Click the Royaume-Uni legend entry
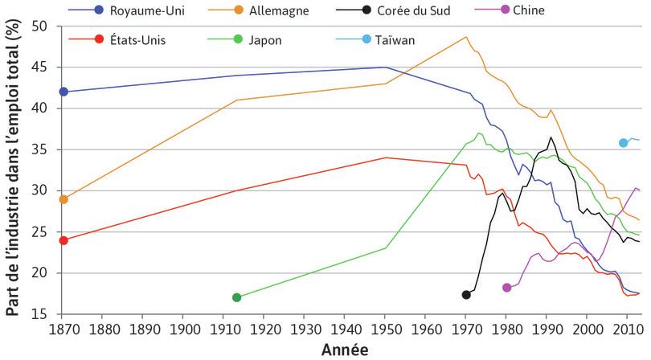144,10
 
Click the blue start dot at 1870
63,92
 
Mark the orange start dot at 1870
63,199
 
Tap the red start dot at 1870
63,240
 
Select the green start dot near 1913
236,297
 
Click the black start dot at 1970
466,295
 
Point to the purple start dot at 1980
506,288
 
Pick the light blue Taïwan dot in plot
623,143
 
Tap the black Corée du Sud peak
551,137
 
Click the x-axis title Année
345,350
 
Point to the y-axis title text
13,169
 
